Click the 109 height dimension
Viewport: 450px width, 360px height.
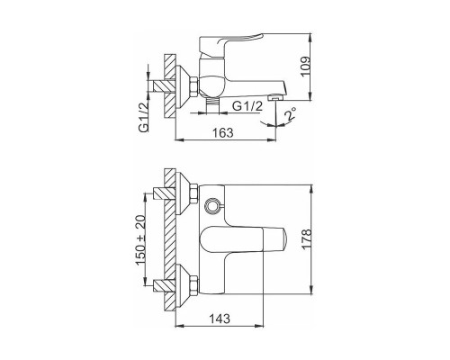pos(305,67)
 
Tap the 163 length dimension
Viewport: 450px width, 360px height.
pos(222,132)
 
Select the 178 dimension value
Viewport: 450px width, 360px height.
pos(307,239)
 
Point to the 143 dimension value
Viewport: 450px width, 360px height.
pos(220,319)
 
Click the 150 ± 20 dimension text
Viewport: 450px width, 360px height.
pos(140,240)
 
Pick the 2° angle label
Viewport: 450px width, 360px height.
pos(290,114)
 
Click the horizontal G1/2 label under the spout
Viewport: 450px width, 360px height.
pos(247,106)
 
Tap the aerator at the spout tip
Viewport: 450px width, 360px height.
pos(276,98)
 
